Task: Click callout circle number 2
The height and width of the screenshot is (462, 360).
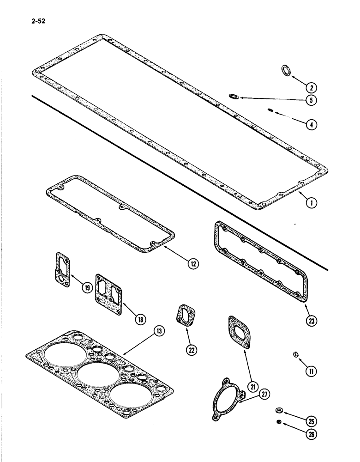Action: coord(312,87)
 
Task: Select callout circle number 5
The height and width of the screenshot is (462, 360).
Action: coord(312,99)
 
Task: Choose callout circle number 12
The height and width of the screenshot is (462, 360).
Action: coord(192,264)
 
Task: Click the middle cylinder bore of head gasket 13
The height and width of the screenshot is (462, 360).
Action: coord(96,375)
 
